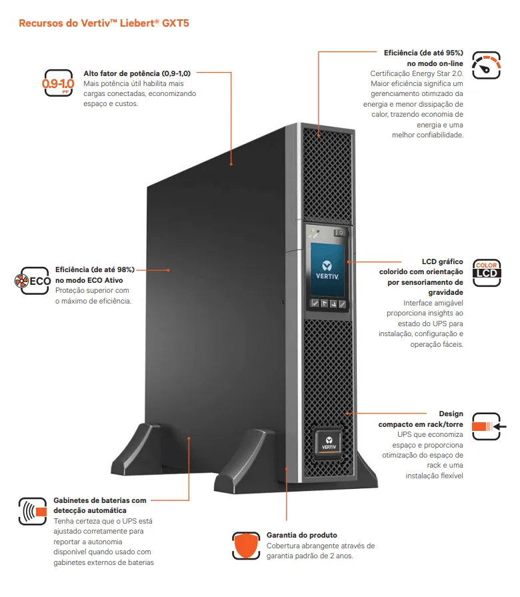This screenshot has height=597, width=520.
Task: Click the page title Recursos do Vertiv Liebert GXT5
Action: (x=107, y=23)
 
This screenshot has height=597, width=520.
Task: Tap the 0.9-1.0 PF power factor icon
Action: (x=57, y=83)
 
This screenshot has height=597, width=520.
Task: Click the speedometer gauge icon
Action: (x=486, y=65)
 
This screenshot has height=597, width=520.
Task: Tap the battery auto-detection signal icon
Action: (x=33, y=511)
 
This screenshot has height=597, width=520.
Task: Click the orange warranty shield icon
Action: (x=245, y=545)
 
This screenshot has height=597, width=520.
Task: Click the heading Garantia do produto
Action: (x=301, y=535)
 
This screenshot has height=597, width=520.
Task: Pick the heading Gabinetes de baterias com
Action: (x=99, y=500)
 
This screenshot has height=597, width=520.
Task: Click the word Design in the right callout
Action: (x=451, y=414)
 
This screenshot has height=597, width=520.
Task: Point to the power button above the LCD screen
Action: (x=340, y=233)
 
